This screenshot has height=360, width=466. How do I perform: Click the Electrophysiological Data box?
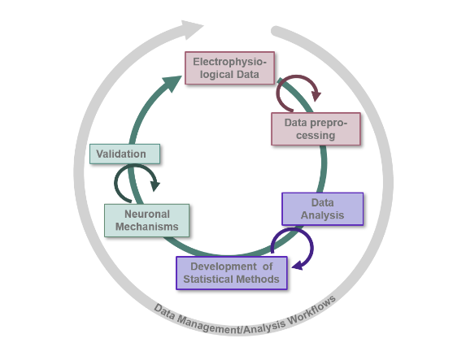[229, 68]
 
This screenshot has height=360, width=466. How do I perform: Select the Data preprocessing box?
[316, 129]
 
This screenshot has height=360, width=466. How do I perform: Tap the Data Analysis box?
[322, 209]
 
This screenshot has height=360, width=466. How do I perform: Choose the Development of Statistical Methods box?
[232, 273]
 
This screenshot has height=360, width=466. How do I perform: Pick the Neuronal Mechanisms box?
[147, 220]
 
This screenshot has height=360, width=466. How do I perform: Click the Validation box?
[124, 154]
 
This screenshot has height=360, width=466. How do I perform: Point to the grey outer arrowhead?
[191, 29]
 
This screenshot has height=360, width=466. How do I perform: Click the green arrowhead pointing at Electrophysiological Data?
[172, 84]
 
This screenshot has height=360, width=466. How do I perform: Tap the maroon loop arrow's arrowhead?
[316, 96]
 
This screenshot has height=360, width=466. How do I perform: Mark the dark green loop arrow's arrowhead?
[155, 186]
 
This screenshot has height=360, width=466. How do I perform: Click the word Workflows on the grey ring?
[312, 310]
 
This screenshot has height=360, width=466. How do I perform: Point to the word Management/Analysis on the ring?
[231, 326]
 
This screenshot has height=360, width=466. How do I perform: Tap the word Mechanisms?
[147, 227]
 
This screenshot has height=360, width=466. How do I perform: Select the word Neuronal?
[147, 215]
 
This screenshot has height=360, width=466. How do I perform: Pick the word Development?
[224, 267]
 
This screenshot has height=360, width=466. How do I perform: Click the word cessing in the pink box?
[316, 136]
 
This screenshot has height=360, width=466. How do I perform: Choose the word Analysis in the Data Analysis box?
[322, 215]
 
